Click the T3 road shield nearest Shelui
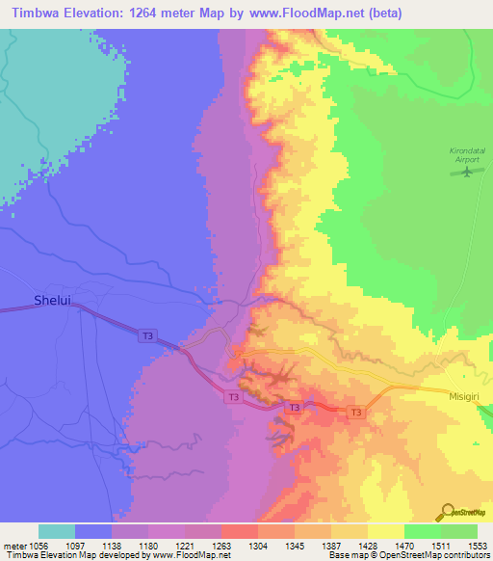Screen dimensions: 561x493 pyautogui.click(x=146, y=335)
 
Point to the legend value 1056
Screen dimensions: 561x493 pyautogui.click(x=39, y=546)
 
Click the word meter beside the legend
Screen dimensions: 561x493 pyautogui.click(x=13, y=546)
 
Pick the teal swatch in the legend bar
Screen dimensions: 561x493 pyautogui.click(x=57, y=531)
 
